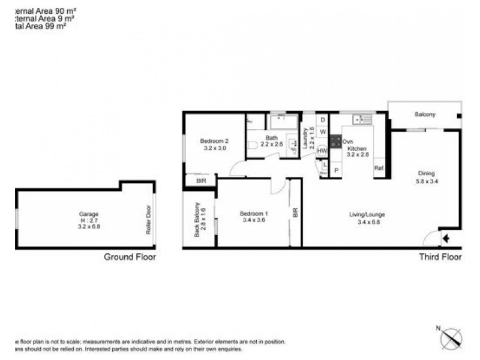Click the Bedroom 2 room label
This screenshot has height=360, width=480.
pyautogui.click(x=215, y=142)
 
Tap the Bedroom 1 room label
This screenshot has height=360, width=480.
pyautogui.click(x=253, y=214)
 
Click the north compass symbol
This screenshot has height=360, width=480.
pyautogui.click(x=451, y=337)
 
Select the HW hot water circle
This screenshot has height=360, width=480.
pyautogui.click(x=322, y=151)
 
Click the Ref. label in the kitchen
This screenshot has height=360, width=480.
pyautogui.click(x=379, y=168)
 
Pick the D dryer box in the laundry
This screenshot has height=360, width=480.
pyautogui.click(x=322, y=120)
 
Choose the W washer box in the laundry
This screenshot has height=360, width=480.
pyautogui.click(x=322, y=131)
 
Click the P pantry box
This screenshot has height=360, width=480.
pyautogui.click(x=335, y=170)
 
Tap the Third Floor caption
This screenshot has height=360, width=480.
pyautogui.click(x=440, y=257)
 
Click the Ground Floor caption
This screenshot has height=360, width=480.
pyautogui.click(x=130, y=257)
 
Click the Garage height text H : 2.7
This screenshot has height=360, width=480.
pyautogui.click(x=88, y=220)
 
